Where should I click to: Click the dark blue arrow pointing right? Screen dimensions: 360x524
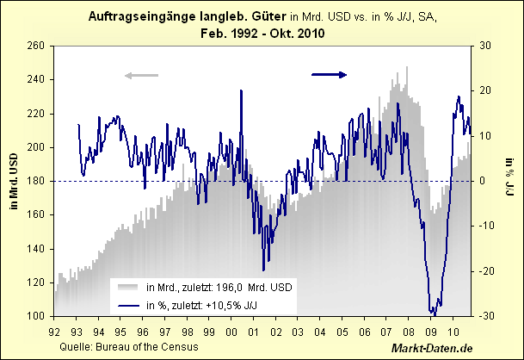pyautogui.click(x=329, y=75)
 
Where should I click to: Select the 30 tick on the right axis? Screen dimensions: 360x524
pyautogui.click(x=485, y=46)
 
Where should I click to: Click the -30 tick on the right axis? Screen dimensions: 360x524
pyautogui.click(x=487, y=316)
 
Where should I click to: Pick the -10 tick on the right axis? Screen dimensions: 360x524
pyautogui.click(x=487, y=226)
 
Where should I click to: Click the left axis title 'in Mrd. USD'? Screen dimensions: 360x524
pyautogui.click(x=12, y=181)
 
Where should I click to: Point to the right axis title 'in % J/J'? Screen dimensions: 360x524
pyautogui.click(x=510, y=181)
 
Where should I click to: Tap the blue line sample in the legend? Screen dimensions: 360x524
pyautogui.click(x=126, y=304)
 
